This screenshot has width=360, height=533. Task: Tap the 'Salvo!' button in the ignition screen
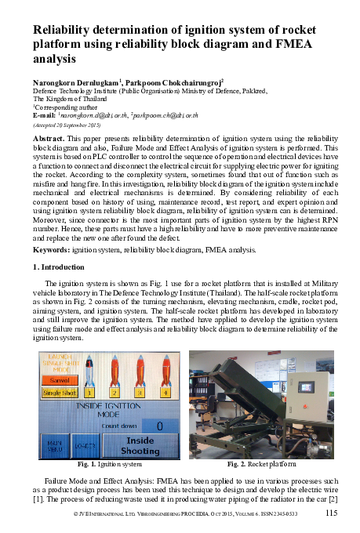(56, 379)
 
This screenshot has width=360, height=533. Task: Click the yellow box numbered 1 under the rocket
(89, 392)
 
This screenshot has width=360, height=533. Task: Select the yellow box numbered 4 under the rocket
(165, 392)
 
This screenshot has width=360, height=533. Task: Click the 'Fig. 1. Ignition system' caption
(110, 465)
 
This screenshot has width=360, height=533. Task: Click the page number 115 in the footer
(332, 513)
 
